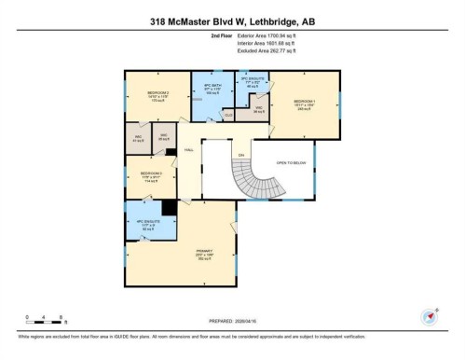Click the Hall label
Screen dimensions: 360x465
tap(189, 149)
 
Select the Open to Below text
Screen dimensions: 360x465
tap(291, 161)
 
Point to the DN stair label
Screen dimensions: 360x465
tap(240, 155)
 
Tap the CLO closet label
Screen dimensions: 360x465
tap(228, 116)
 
